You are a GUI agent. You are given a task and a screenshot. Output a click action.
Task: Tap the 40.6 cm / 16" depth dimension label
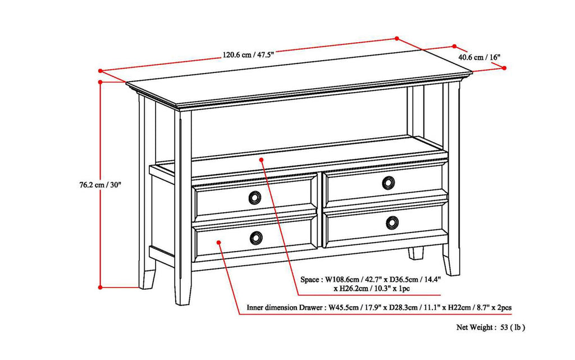(479, 57)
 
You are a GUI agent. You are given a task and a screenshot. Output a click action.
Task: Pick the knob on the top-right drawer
(389, 183)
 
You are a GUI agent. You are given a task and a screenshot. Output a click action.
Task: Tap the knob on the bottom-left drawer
(256, 238)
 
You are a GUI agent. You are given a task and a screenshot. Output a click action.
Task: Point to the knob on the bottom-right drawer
(393, 223)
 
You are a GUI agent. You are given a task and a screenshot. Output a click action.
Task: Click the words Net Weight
(474, 327)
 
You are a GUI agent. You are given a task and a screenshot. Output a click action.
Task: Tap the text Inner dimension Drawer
(284, 308)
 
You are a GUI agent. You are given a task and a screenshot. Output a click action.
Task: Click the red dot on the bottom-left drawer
(218, 243)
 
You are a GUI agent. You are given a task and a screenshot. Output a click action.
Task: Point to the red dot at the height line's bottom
(101, 288)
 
